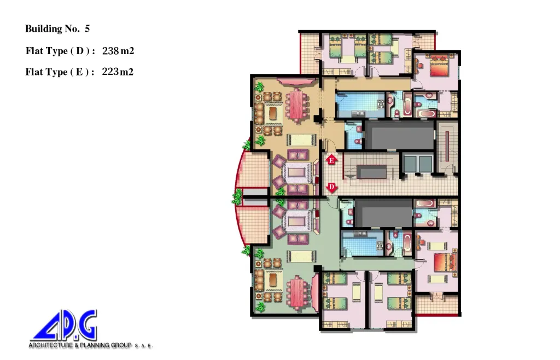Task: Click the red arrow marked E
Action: [331, 160]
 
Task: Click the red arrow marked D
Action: [332, 188]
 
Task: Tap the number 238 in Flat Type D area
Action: [110, 51]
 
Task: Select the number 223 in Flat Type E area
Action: [110, 72]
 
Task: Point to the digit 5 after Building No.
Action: [87, 28]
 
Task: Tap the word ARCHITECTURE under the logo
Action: [51, 345]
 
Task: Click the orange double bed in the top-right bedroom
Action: [438, 65]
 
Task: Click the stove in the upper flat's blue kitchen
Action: [381, 104]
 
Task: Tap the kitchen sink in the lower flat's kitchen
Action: [360, 234]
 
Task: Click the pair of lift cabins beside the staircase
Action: [418, 163]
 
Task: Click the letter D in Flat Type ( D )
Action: [80, 51]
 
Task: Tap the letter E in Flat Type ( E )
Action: [79, 72]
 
